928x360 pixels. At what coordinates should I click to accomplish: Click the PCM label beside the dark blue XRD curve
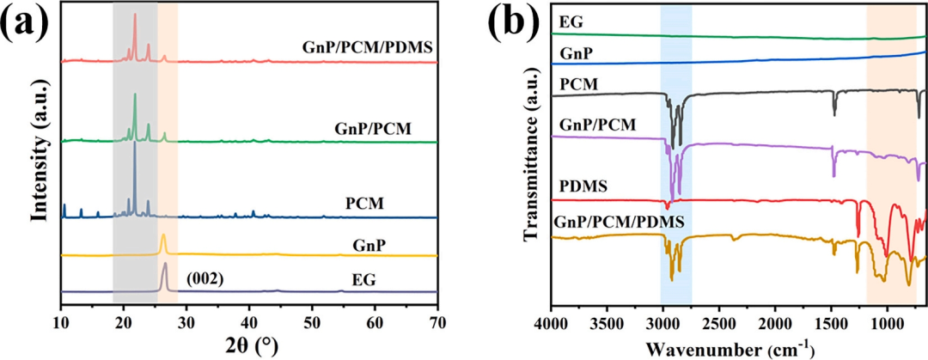tap(364, 204)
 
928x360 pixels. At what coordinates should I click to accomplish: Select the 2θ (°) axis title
tap(249, 346)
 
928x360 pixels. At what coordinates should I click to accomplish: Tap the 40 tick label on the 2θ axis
tap(249, 322)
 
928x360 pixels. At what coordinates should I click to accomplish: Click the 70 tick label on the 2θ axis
tap(437, 322)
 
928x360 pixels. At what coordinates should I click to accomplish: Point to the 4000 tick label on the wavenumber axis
tap(550, 323)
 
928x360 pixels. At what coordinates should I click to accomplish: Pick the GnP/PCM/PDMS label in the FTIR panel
tap(620, 222)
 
